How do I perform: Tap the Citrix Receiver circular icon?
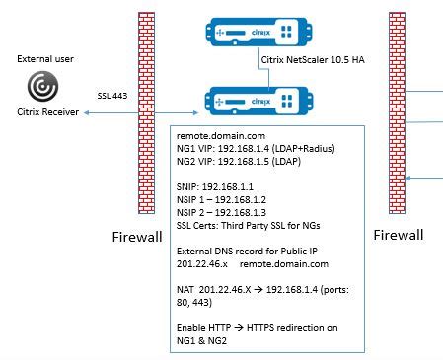coord(41,88)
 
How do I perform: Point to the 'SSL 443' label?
coord(111,97)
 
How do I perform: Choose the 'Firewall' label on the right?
coord(399,235)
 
